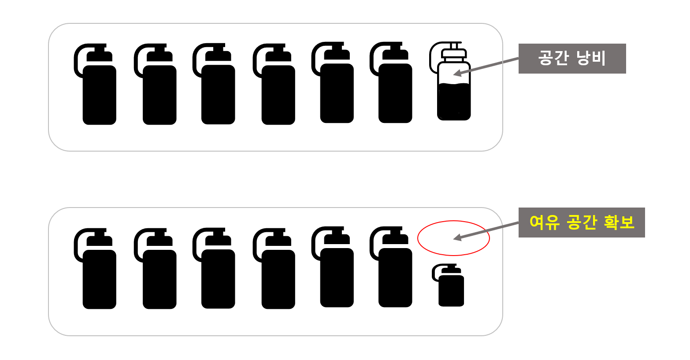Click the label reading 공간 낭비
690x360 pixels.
[x=572, y=59]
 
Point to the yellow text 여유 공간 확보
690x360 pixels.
[x=582, y=223]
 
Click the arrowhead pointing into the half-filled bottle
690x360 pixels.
[x=457, y=73]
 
